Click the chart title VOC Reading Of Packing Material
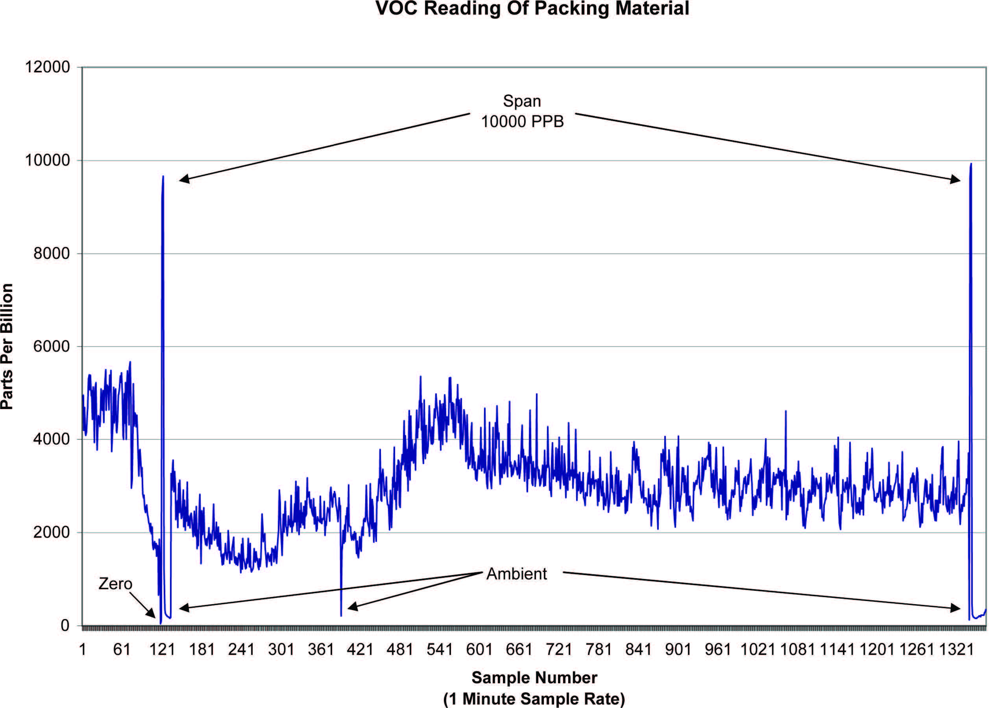tap(532, 9)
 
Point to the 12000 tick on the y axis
tap(47, 67)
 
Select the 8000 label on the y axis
tap(52, 253)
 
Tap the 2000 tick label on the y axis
tap(52, 532)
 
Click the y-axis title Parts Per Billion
tap(7, 347)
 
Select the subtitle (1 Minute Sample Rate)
tap(534, 699)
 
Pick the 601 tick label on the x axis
tap(479, 649)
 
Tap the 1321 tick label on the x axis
tap(956, 649)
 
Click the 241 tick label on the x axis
tap(241, 649)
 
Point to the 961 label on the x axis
tap(718, 649)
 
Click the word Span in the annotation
tap(522, 101)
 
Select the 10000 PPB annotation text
tap(522, 122)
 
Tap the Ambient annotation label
tap(516, 574)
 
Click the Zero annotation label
tap(115, 584)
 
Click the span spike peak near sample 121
tap(163, 177)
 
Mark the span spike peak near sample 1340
tap(971, 164)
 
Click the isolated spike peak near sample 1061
tap(785, 411)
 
